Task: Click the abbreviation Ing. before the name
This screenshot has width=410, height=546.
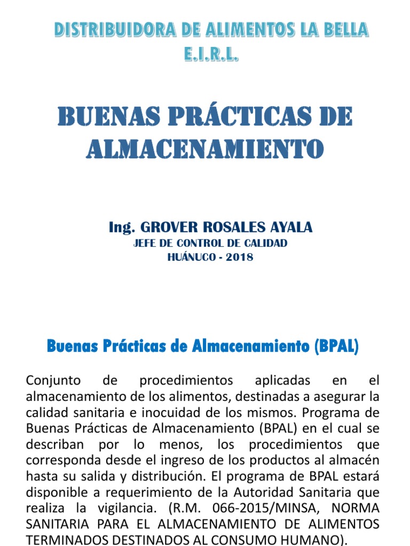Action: click(122, 228)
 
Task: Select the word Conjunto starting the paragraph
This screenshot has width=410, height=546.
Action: click(53, 381)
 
